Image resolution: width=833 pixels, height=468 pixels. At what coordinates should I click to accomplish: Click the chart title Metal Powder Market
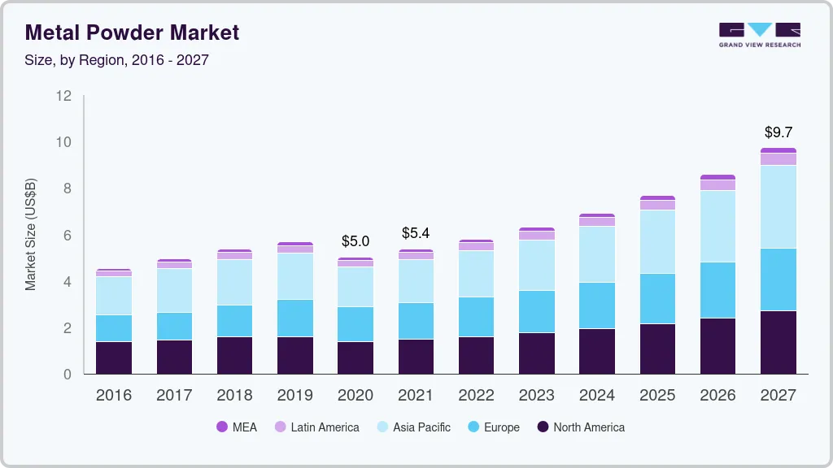click(133, 32)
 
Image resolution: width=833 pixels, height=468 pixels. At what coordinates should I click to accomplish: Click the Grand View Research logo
click(759, 34)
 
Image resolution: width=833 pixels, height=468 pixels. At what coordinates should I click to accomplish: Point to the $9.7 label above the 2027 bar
click(778, 132)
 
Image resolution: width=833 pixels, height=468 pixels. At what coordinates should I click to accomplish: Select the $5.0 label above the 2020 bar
click(355, 241)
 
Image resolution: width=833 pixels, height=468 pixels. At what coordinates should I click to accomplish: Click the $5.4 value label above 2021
click(416, 233)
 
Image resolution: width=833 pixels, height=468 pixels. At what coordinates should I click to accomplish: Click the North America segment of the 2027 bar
click(778, 342)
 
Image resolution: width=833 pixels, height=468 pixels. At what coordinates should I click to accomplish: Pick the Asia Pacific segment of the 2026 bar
click(717, 226)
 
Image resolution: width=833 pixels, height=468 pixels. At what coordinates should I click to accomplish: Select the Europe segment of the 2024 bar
click(597, 305)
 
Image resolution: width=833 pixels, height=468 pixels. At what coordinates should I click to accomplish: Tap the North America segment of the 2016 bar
click(114, 357)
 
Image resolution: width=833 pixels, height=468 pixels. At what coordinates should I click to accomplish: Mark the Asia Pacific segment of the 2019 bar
click(294, 276)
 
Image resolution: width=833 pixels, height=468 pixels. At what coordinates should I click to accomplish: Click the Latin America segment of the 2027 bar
click(778, 159)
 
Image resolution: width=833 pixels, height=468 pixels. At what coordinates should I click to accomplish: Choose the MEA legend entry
click(237, 427)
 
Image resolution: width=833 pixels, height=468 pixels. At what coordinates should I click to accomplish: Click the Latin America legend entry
click(316, 427)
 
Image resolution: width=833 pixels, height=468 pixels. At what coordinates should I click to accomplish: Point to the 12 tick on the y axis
click(64, 96)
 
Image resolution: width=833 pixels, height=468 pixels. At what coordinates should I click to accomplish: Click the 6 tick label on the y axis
click(68, 236)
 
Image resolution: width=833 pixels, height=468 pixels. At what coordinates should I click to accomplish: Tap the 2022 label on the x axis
click(476, 395)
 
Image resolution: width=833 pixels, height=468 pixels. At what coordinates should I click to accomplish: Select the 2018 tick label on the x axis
click(234, 395)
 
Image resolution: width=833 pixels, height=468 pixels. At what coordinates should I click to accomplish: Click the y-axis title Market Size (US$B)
click(31, 234)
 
